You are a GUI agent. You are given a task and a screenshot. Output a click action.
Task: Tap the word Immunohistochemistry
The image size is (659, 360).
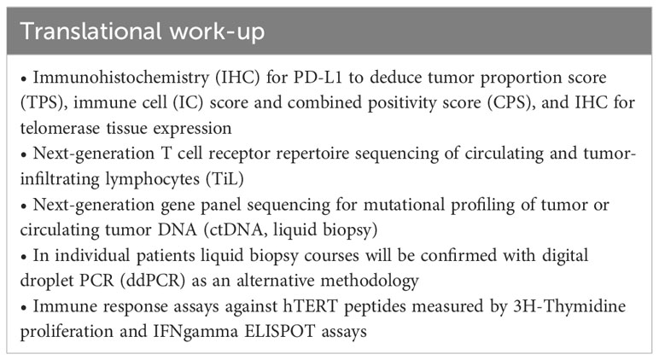(x=121, y=78)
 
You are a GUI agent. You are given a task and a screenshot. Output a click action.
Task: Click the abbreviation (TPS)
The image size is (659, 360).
(x=44, y=103)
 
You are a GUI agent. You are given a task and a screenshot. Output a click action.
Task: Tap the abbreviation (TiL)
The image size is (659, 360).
(x=225, y=179)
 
